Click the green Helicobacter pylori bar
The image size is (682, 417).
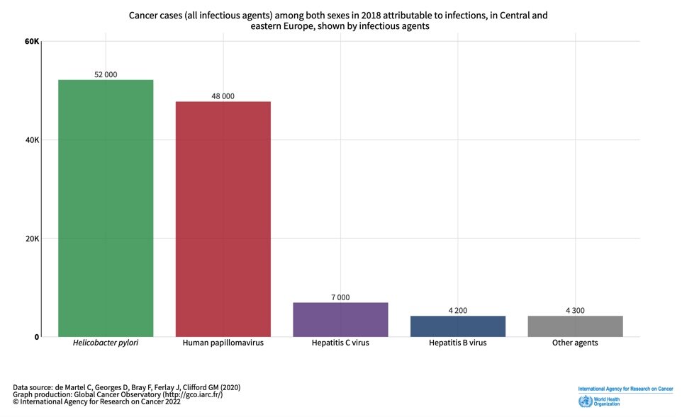coord(106,208)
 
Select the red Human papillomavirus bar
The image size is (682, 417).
coord(223,219)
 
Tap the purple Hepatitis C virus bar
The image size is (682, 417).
coord(340,319)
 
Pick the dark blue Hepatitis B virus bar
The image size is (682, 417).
coord(457,326)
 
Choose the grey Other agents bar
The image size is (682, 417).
coord(575,326)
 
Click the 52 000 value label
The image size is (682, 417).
coord(106,74)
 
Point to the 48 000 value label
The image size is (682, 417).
coord(223,96)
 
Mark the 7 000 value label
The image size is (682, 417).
coord(340,297)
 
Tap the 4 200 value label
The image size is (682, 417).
coord(457,311)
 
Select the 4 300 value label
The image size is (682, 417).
coord(575,311)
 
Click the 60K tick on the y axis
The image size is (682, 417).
coord(31,41)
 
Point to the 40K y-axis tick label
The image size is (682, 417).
coord(31,140)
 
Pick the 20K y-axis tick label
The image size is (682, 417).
coord(31,239)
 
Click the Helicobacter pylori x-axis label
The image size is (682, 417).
coord(106,343)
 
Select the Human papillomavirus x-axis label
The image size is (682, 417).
coord(223,343)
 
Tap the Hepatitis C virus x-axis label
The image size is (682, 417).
coord(340,343)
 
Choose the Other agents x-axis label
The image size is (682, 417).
coord(575,343)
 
